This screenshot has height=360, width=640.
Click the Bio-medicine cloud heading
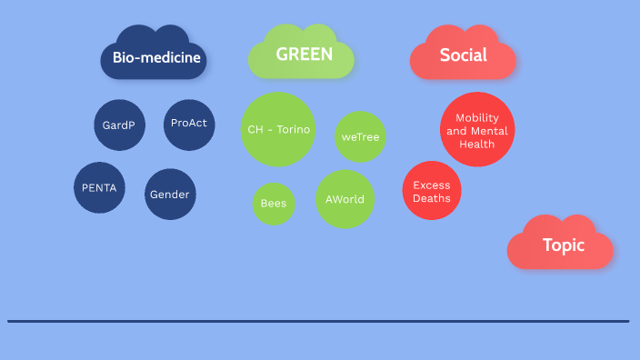(156, 59)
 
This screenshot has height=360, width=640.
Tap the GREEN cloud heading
(304, 55)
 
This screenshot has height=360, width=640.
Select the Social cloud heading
(463, 55)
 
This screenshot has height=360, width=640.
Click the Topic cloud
(563, 245)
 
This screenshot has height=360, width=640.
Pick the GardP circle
(119, 125)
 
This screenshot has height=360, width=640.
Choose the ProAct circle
(189, 124)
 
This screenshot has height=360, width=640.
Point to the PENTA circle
(99, 188)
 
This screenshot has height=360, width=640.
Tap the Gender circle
(170, 195)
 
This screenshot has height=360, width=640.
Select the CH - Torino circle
(278, 129)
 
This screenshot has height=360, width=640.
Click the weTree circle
(361, 136)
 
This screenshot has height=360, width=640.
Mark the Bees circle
(274, 203)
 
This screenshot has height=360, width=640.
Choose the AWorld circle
(345, 199)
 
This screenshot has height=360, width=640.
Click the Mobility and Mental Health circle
(477, 130)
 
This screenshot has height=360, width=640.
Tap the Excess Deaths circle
(432, 191)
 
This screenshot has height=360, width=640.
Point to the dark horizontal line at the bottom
(318, 321)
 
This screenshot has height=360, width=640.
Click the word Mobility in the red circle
(477, 117)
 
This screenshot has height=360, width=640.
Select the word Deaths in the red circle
(432, 198)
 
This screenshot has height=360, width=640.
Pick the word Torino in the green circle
(294, 129)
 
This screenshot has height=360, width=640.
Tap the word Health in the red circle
(477, 144)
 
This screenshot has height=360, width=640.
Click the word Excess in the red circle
(432, 185)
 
